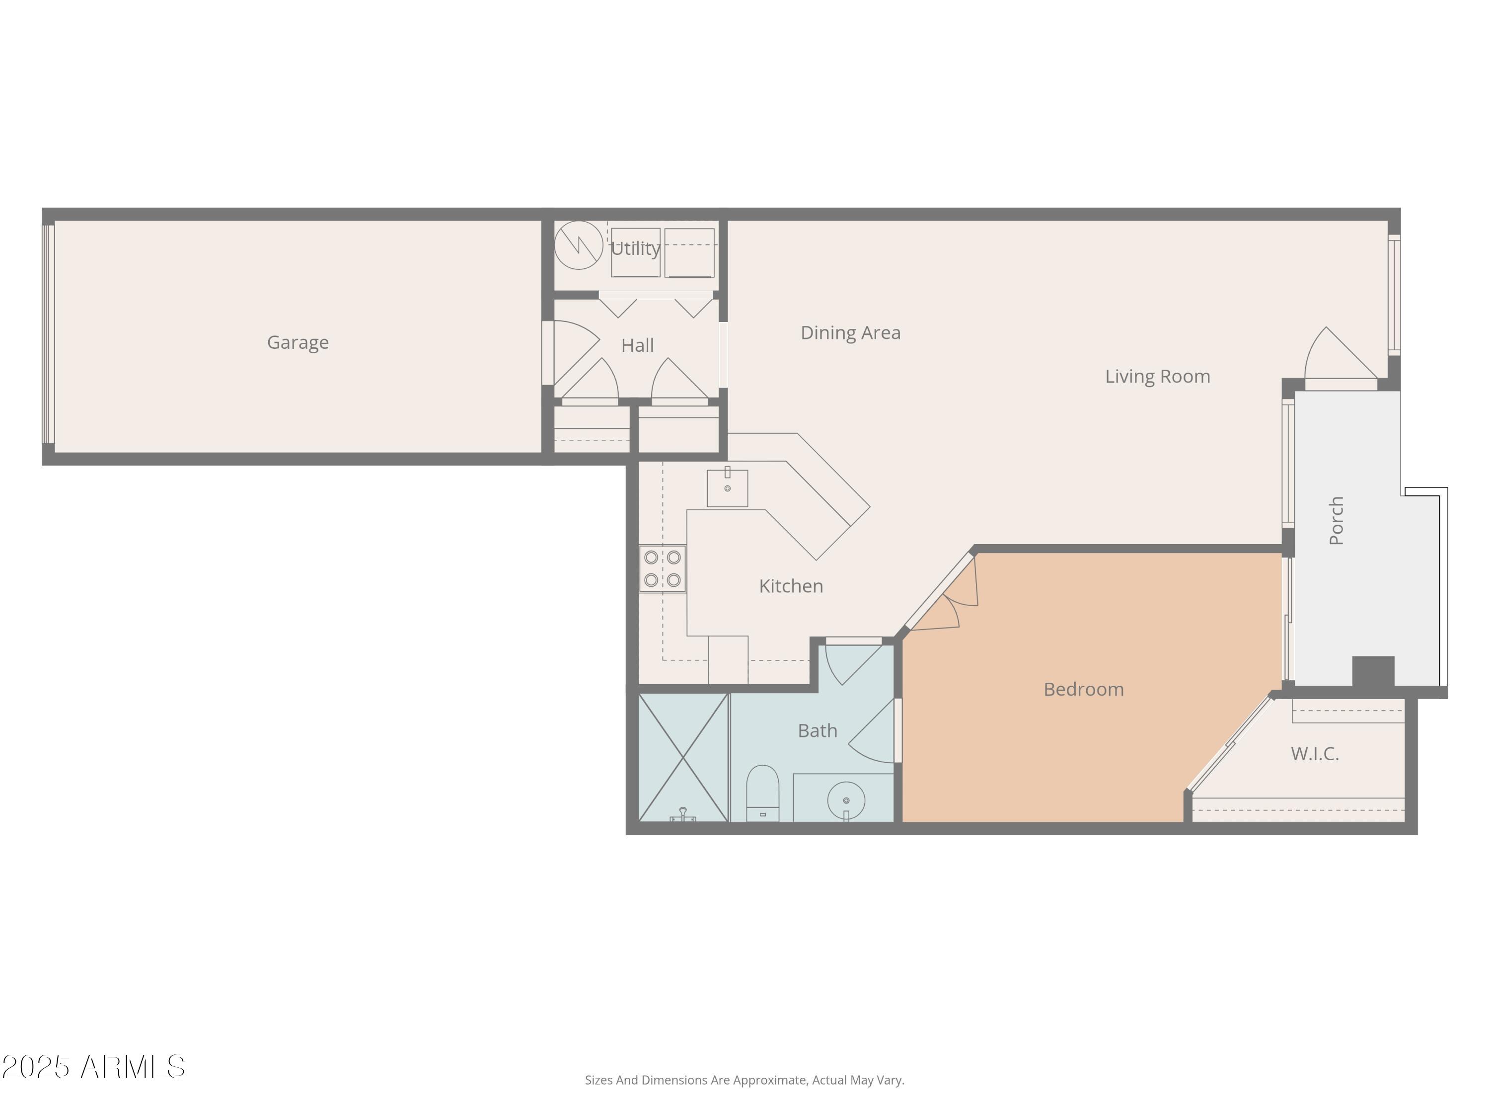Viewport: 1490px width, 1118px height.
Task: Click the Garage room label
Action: (298, 342)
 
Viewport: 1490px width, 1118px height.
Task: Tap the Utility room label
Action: (635, 248)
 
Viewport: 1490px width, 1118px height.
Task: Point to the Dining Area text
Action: (850, 333)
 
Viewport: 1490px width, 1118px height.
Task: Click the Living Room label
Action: (1157, 376)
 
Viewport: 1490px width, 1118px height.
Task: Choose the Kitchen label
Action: (791, 586)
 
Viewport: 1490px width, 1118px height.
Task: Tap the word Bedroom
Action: (1083, 689)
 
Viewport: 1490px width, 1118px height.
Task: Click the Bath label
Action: (817, 730)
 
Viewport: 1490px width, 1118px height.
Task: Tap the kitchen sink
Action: (727, 488)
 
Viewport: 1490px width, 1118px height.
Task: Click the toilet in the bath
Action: (762, 794)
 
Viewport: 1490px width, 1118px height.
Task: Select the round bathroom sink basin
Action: (846, 800)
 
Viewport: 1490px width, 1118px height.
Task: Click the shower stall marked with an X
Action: (683, 757)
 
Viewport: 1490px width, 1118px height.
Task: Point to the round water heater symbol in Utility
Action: (578, 245)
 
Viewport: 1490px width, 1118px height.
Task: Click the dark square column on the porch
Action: (1373, 671)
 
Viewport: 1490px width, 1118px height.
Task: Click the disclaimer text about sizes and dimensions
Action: (745, 1080)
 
